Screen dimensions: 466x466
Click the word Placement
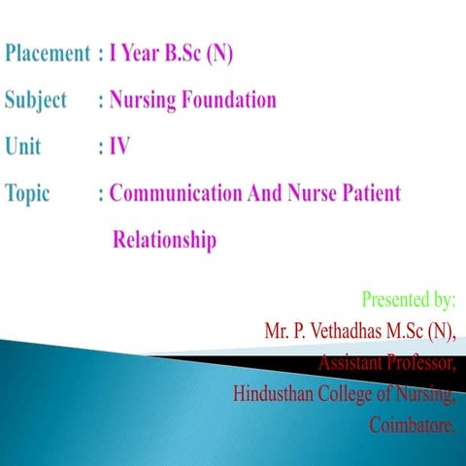(49, 54)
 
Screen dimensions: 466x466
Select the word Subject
(37, 101)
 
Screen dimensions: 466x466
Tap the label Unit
(25, 147)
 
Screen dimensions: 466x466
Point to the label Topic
(28, 193)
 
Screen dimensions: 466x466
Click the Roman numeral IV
(119, 147)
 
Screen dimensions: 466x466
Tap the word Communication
(176, 192)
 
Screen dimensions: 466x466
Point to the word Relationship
(165, 239)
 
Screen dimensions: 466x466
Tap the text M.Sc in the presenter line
(414, 331)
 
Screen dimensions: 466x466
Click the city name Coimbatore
(413, 426)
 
